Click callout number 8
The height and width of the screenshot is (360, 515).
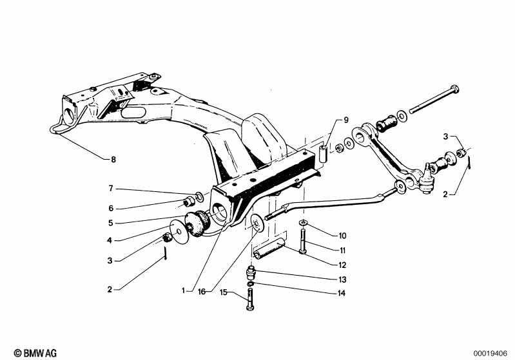point(113,160)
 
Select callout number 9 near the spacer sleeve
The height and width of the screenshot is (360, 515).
point(346,120)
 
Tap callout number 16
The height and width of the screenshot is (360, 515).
point(202,291)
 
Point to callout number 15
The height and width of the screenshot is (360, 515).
point(224,292)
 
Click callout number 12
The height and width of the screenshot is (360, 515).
point(342,265)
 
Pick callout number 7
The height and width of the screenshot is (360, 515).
point(111,188)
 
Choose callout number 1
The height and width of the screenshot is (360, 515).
point(184,290)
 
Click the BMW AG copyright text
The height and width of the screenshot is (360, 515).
point(35,353)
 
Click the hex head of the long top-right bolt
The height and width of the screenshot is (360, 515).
point(454,90)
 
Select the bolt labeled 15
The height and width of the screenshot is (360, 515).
point(250,299)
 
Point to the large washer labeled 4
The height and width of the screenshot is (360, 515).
point(179,232)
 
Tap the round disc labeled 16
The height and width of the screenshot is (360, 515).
point(256,223)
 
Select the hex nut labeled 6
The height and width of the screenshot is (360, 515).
point(189,202)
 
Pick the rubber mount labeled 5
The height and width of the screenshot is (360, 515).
point(198,223)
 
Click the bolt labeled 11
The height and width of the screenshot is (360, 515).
point(302,242)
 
